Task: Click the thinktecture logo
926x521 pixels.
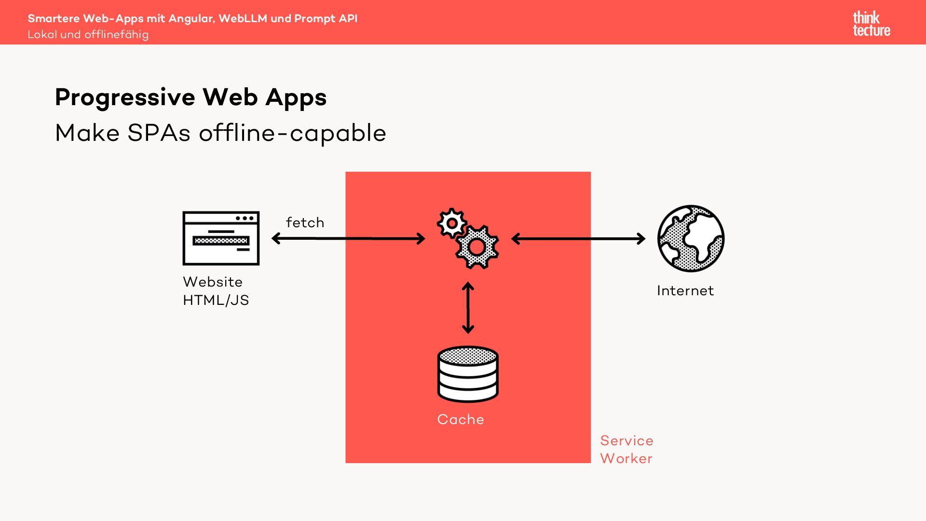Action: tap(871, 24)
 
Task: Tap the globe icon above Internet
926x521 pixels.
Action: tap(691, 238)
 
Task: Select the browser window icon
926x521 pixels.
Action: tap(221, 238)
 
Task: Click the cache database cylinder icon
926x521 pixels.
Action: tap(468, 374)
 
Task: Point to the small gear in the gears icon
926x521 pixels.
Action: tap(451, 223)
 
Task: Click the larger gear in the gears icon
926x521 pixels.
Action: tap(477, 247)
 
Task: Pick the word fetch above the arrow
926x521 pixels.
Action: tap(305, 222)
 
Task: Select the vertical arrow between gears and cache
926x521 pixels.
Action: tap(468, 308)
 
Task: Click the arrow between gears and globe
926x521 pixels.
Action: tap(578, 238)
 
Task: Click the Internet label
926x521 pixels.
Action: tap(685, 290)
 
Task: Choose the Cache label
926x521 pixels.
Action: tap(460, 419)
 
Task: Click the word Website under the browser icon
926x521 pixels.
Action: tap(213, 282)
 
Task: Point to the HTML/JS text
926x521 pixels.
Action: tap(216, 300)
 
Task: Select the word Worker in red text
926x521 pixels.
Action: tap(626, 458)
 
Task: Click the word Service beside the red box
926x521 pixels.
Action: tap(626, 440)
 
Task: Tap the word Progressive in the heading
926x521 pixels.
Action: tap(125, 97)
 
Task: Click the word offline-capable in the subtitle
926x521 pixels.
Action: tap(292, 133)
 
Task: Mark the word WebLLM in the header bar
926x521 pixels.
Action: tap(243, 18)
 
